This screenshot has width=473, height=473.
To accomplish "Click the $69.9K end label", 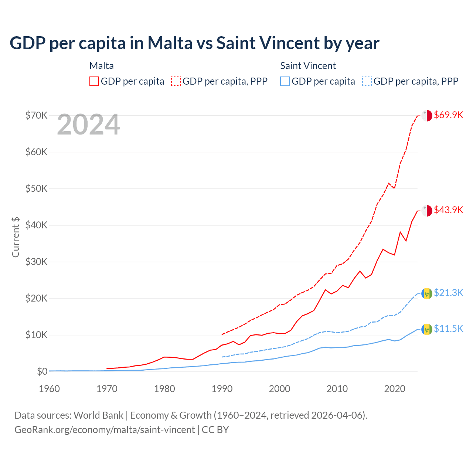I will tap(448, 115).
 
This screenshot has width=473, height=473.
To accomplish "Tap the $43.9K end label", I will tap(448, 210).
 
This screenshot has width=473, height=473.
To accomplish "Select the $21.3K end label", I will tap(448, 293).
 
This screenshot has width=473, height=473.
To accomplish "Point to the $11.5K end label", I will tap(448, 329).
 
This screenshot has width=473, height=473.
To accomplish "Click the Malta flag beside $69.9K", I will tap(427, 115).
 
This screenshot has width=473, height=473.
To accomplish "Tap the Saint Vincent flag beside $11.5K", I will tap(427, 329).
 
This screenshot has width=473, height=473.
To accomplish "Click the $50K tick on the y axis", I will tap(37, 188).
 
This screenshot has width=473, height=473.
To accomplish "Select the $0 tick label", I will tap(42, 371).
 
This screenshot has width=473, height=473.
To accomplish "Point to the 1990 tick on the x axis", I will tap(222, 389).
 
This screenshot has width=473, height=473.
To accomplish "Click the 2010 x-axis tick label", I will tap(337, 389).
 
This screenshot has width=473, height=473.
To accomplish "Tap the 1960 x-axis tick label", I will tap(50, 389).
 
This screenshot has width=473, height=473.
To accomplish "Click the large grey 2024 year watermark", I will tap(89, 125).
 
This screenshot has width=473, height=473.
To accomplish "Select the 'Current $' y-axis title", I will tap(16, 237).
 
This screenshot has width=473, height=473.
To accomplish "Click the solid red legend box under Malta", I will tap(94, 81).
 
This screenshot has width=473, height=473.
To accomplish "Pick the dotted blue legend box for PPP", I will tap(367, 81).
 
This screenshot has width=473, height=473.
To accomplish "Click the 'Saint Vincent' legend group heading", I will tap(308, 66).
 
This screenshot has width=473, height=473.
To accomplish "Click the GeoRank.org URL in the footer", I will tap(105, 430).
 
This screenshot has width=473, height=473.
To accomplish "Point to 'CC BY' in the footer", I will tap(215, 430).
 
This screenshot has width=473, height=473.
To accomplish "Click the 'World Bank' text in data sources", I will tap(99, 415).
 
